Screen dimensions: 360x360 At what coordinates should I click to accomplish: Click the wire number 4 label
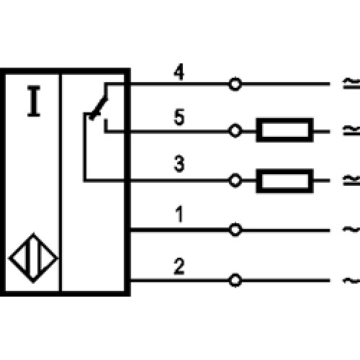[179, 72]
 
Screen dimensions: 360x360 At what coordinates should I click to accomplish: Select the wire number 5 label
[179, 117]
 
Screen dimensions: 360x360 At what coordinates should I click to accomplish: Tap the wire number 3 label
[179, 163]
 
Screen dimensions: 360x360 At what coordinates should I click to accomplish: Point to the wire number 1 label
[180, 214]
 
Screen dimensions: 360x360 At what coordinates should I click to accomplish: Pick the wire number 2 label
[179, 266]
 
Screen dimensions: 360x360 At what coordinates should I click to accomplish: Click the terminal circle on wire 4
[235, 84]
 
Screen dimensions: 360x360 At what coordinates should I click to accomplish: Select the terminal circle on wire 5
[235, 131]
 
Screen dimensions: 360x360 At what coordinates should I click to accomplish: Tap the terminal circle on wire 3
[235, 180]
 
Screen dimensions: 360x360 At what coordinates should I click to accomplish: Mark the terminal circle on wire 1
[235, 230]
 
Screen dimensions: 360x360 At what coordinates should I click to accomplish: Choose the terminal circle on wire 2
[235, 280]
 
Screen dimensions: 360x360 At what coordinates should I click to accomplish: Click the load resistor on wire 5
[285, 130]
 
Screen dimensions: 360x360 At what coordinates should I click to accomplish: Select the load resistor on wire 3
[285, 181]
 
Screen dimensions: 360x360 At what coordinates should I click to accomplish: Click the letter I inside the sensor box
[34, 101]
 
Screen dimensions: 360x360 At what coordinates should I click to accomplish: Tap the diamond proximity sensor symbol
[33, 258]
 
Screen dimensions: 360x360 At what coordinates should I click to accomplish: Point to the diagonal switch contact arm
[99, 107]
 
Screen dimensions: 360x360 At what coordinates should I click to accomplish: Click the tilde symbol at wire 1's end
[351, 230]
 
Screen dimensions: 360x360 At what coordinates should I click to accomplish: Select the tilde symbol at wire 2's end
[351, 280]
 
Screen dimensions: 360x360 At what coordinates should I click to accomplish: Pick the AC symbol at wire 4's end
[351, 84]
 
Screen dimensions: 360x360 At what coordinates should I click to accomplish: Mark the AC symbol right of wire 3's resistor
[351, 180]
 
